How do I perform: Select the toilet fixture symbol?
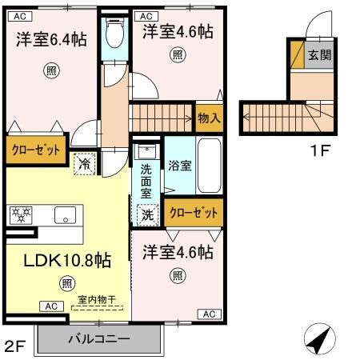coord(114,34)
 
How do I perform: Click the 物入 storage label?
coord(209,118)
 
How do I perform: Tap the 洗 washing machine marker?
coord(148,214)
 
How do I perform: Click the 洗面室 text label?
coord(147,181)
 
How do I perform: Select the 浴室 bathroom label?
coord(180,166)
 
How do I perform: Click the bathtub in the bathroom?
coord(209,166)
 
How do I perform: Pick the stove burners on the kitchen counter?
coord(20,214)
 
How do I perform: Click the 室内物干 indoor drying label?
coord(97,300)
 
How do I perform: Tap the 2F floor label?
coord(15,346)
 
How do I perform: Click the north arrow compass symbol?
coord(318,340)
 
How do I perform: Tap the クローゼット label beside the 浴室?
coord(195,214)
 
